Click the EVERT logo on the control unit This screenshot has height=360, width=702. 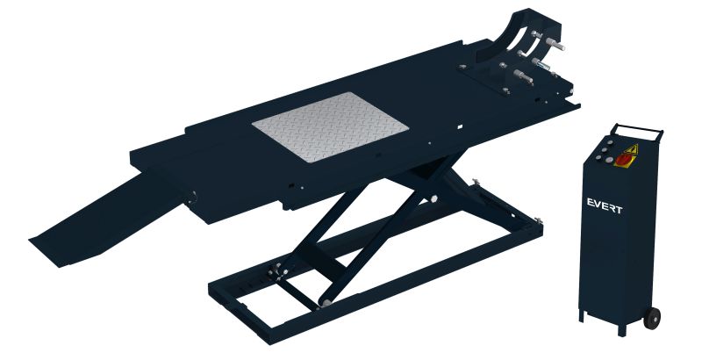[x=605, y=206]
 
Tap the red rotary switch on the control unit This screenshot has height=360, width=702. [x=623, y=159]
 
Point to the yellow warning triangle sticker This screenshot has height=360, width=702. [x=631, y=149]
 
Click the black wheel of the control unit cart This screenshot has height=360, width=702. [x=652, y=318]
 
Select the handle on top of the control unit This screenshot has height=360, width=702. [x=638, y=128]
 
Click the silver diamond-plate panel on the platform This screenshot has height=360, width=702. [x=331, y=126]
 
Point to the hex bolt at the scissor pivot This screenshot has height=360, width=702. [x=433, y=199]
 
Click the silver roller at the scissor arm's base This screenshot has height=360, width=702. [x=326, y=303]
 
